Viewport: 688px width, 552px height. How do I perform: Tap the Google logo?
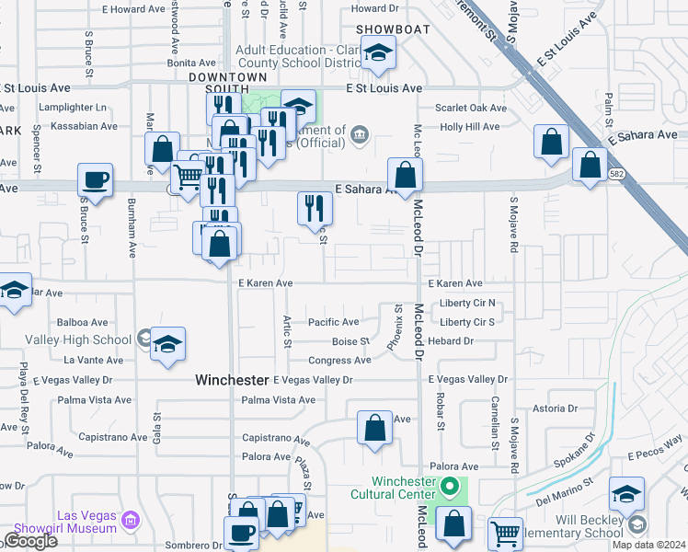pos(29,541)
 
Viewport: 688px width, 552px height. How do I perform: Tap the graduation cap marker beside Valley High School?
pos(167,345)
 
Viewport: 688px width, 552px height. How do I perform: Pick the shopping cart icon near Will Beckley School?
pos(505,533)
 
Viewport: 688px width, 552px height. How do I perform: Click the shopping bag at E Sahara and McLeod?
pos(405,175)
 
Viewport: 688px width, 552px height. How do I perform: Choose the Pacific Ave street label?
pos(333,322)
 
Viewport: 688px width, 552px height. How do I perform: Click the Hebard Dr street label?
pos(455,340)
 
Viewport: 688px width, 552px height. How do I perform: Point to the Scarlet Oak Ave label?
pos(473,108)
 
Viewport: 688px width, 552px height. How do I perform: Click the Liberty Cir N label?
pos(467,303)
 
